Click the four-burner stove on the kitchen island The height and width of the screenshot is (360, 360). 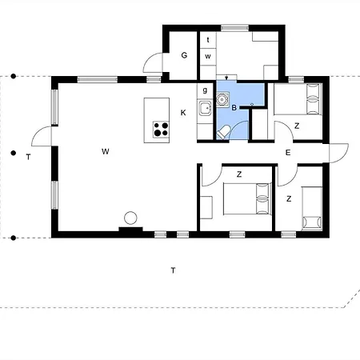161,130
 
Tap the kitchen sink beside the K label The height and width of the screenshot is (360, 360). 205,108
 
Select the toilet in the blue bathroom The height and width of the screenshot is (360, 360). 223,133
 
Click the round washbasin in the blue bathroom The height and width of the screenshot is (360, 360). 222,99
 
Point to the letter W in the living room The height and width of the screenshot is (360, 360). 106,151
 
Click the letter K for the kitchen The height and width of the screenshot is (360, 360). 183,113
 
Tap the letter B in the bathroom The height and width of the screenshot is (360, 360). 234,108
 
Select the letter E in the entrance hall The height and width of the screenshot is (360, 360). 288,153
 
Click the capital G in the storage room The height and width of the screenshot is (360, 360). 184,55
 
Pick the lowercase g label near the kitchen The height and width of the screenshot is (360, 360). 205,90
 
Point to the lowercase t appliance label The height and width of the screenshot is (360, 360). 208,40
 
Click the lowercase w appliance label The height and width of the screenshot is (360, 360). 208,57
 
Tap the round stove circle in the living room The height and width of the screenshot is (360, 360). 130,218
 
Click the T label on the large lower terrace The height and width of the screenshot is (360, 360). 173,270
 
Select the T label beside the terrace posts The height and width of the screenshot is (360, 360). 28,157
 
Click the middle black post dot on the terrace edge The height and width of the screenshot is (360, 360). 14,153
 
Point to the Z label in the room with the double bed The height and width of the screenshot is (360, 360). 239,174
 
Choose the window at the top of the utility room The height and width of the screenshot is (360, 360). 234,28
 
